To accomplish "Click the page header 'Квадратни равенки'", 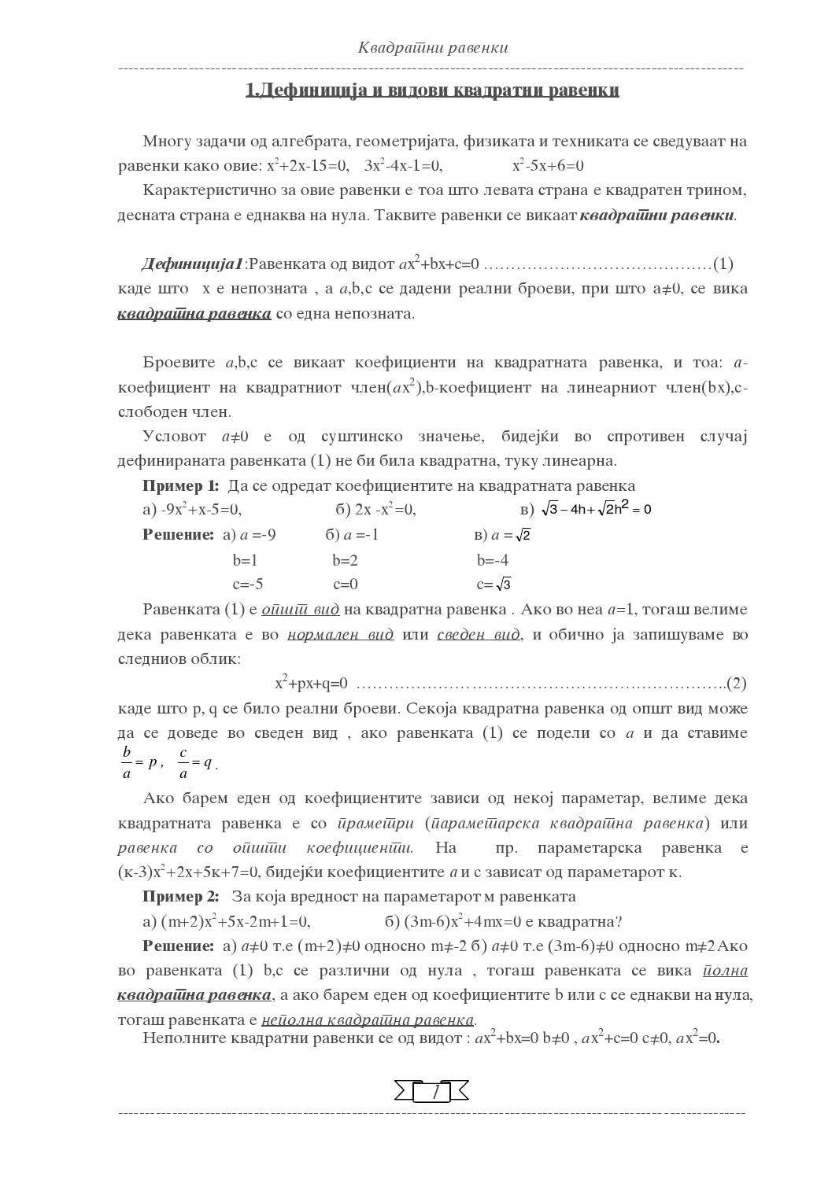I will coord(433,47).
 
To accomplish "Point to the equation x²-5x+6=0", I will coord(548,166).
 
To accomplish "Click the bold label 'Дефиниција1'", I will coord(193,264).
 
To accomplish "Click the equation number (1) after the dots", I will coord(723,264).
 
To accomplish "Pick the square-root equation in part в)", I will coord(596,509).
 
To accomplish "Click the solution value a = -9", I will coord(257,535).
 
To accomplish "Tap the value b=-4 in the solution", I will coord(493,560).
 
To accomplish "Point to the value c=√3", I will coord(494,584).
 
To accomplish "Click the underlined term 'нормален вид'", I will coord(340,634).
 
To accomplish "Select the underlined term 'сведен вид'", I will coord(479,634).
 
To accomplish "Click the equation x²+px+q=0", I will coord(312,683).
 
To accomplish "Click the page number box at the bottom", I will coord(431,1092).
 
